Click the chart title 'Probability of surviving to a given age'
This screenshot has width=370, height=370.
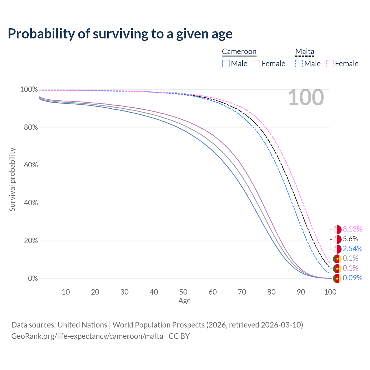[120, 34]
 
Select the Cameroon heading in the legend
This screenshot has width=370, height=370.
[239, 52]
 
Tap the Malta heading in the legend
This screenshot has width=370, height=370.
[305, 52]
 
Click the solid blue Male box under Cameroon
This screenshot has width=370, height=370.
[226, 64]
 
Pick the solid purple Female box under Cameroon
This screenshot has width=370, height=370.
[256, 64]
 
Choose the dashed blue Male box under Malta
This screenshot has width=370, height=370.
[299, 64]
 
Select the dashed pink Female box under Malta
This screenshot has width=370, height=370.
[330, 64]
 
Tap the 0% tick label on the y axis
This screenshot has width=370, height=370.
[33, 279]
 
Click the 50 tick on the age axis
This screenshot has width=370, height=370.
[183, 292]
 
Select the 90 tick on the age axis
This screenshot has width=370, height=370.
[301, 292]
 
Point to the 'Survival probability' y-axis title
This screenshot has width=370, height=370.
[12, 180]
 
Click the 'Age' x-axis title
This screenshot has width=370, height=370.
[184, 301]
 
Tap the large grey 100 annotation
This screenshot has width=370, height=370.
[306, 98]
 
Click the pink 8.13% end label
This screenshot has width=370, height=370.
[352, 229]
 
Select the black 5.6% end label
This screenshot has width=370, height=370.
[350, 239]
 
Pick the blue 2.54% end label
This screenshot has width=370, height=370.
[352, 249]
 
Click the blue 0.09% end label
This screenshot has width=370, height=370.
[352, 278]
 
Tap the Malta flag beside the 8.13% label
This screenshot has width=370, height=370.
[337, 230]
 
